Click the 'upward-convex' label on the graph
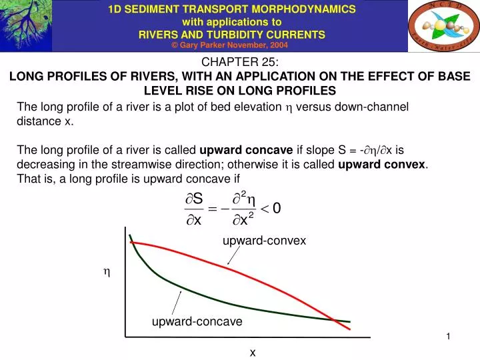264,240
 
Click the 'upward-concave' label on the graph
197,321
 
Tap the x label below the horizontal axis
253,351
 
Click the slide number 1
449,337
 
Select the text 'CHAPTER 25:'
240,63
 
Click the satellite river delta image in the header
25,25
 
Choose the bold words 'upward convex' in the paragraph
382,164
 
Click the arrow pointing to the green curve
176,301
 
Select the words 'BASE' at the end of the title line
455,77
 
